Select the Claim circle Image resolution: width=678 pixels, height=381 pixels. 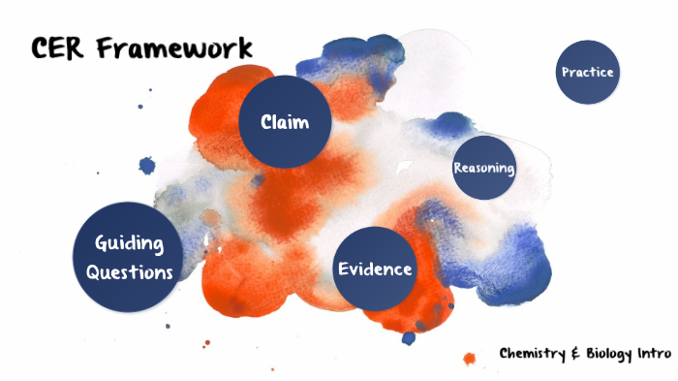point(285,121)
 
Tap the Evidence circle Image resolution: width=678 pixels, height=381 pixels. point(374,270)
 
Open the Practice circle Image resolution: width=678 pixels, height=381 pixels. point(587,72)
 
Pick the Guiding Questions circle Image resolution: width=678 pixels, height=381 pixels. point(129,257)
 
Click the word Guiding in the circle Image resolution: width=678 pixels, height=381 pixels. point(129,243)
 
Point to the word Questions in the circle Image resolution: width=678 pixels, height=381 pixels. point(129,272)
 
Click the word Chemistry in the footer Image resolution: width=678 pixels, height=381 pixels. point(532,353)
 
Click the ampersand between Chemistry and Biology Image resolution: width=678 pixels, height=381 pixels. point(575,353)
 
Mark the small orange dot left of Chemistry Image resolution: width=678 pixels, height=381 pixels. point(470,359)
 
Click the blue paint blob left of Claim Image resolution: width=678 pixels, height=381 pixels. point(147,166)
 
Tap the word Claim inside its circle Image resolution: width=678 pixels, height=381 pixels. point(285,122)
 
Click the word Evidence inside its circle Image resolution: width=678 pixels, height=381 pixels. point(374,270)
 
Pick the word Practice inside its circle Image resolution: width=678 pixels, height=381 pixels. point(587,72)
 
